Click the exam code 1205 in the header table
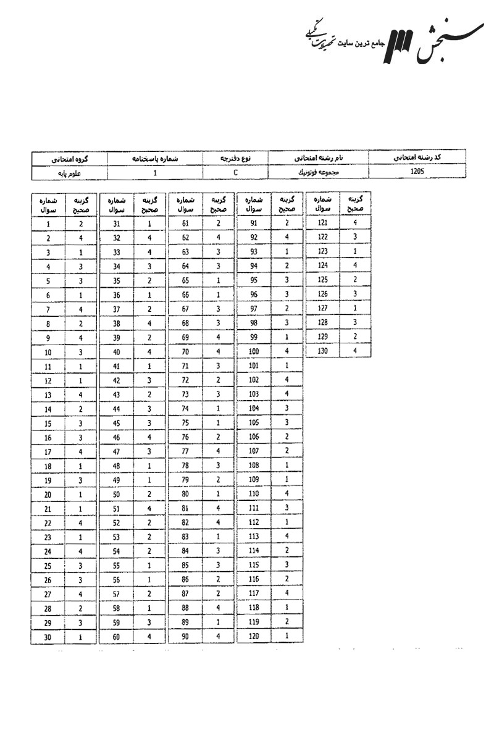(417, 172)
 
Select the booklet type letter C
(236, 172)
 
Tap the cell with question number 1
(48, 225)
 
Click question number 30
(48, 637)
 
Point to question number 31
(116, 224)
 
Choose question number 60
(116, 637)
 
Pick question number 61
(185, 224)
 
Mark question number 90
(185, 636)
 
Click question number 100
(254, 351)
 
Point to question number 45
(116, 423)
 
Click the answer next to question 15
(81, 424)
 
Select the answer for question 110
(287, 493)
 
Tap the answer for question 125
(355, 280)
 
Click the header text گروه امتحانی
(69, 159)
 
